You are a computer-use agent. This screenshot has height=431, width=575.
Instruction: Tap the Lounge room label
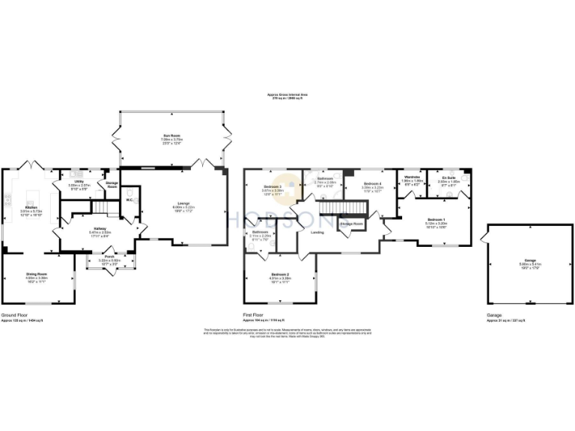point(183,202)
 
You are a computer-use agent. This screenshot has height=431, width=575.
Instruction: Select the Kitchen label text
point(31,206)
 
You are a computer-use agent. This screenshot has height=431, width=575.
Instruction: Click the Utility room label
point(79,181)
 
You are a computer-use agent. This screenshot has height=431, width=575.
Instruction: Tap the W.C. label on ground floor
point(130,200)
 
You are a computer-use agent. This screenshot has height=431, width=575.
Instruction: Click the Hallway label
point(100,228)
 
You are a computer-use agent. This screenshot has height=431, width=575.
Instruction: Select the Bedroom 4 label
point(373,183)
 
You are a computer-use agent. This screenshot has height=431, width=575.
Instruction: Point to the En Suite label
point(448,177)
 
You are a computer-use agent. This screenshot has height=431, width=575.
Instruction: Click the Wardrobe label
point(412,177)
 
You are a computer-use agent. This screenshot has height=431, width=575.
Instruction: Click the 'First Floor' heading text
point(254,315)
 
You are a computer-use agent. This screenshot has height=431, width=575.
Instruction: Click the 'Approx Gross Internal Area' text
point(287,95)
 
